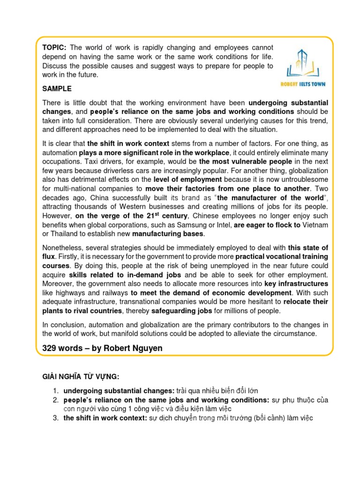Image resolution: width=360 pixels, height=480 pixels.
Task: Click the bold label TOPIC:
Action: pos(55,48)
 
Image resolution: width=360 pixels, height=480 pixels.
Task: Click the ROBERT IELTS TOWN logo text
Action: pos(307,84)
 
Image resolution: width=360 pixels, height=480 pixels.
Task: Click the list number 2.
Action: pos(55,400)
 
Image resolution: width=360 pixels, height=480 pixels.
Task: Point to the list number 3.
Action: pos(55,418)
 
